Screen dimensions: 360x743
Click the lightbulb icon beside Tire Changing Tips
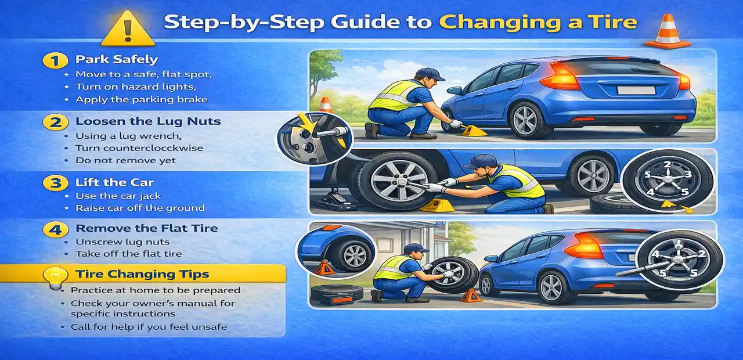pos(55,278)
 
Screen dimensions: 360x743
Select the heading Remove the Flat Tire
pos(146,228)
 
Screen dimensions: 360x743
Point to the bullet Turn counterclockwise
pos(139,148)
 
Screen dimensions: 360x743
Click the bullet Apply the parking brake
pos(141,99)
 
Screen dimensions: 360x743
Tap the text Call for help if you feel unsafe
pos(149,327)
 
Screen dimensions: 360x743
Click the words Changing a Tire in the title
pos(538,22)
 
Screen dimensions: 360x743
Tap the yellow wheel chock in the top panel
pos(474,131)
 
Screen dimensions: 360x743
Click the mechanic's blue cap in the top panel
pos(430,74)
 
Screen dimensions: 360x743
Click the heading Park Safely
pos(117,60)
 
